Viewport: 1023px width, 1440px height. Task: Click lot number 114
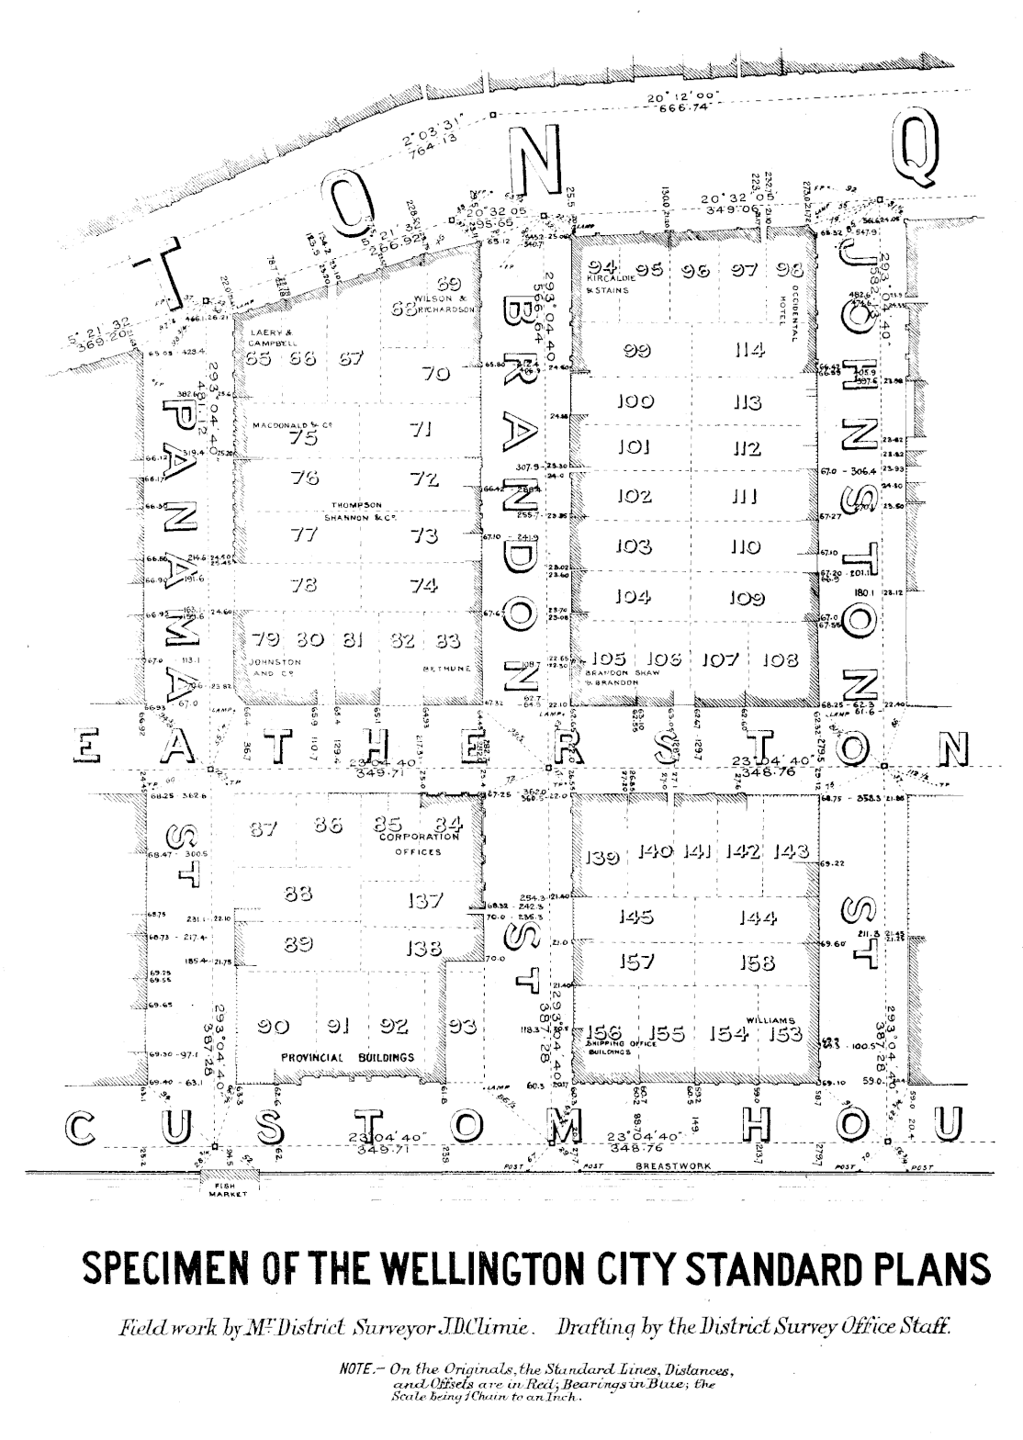point(749,350)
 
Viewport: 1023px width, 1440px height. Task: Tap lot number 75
point(303,438)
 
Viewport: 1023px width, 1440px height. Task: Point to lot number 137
point(424,901)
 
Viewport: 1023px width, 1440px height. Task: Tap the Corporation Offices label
point(417,844)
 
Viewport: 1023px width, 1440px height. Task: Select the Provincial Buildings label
point(347,1057)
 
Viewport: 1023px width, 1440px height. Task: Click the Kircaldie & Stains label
point(608,283)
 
